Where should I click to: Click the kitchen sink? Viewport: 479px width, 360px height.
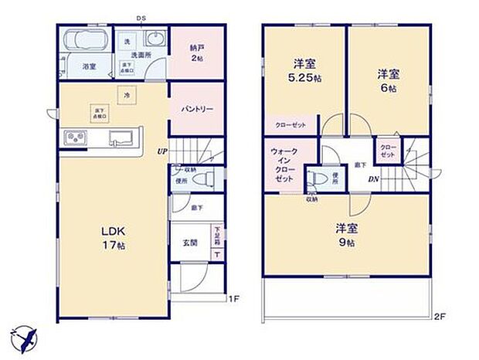[x=121, y=138]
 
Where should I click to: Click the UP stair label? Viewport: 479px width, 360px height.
[x=161, y=151]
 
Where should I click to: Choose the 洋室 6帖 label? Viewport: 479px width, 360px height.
[x=388, y=79]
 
